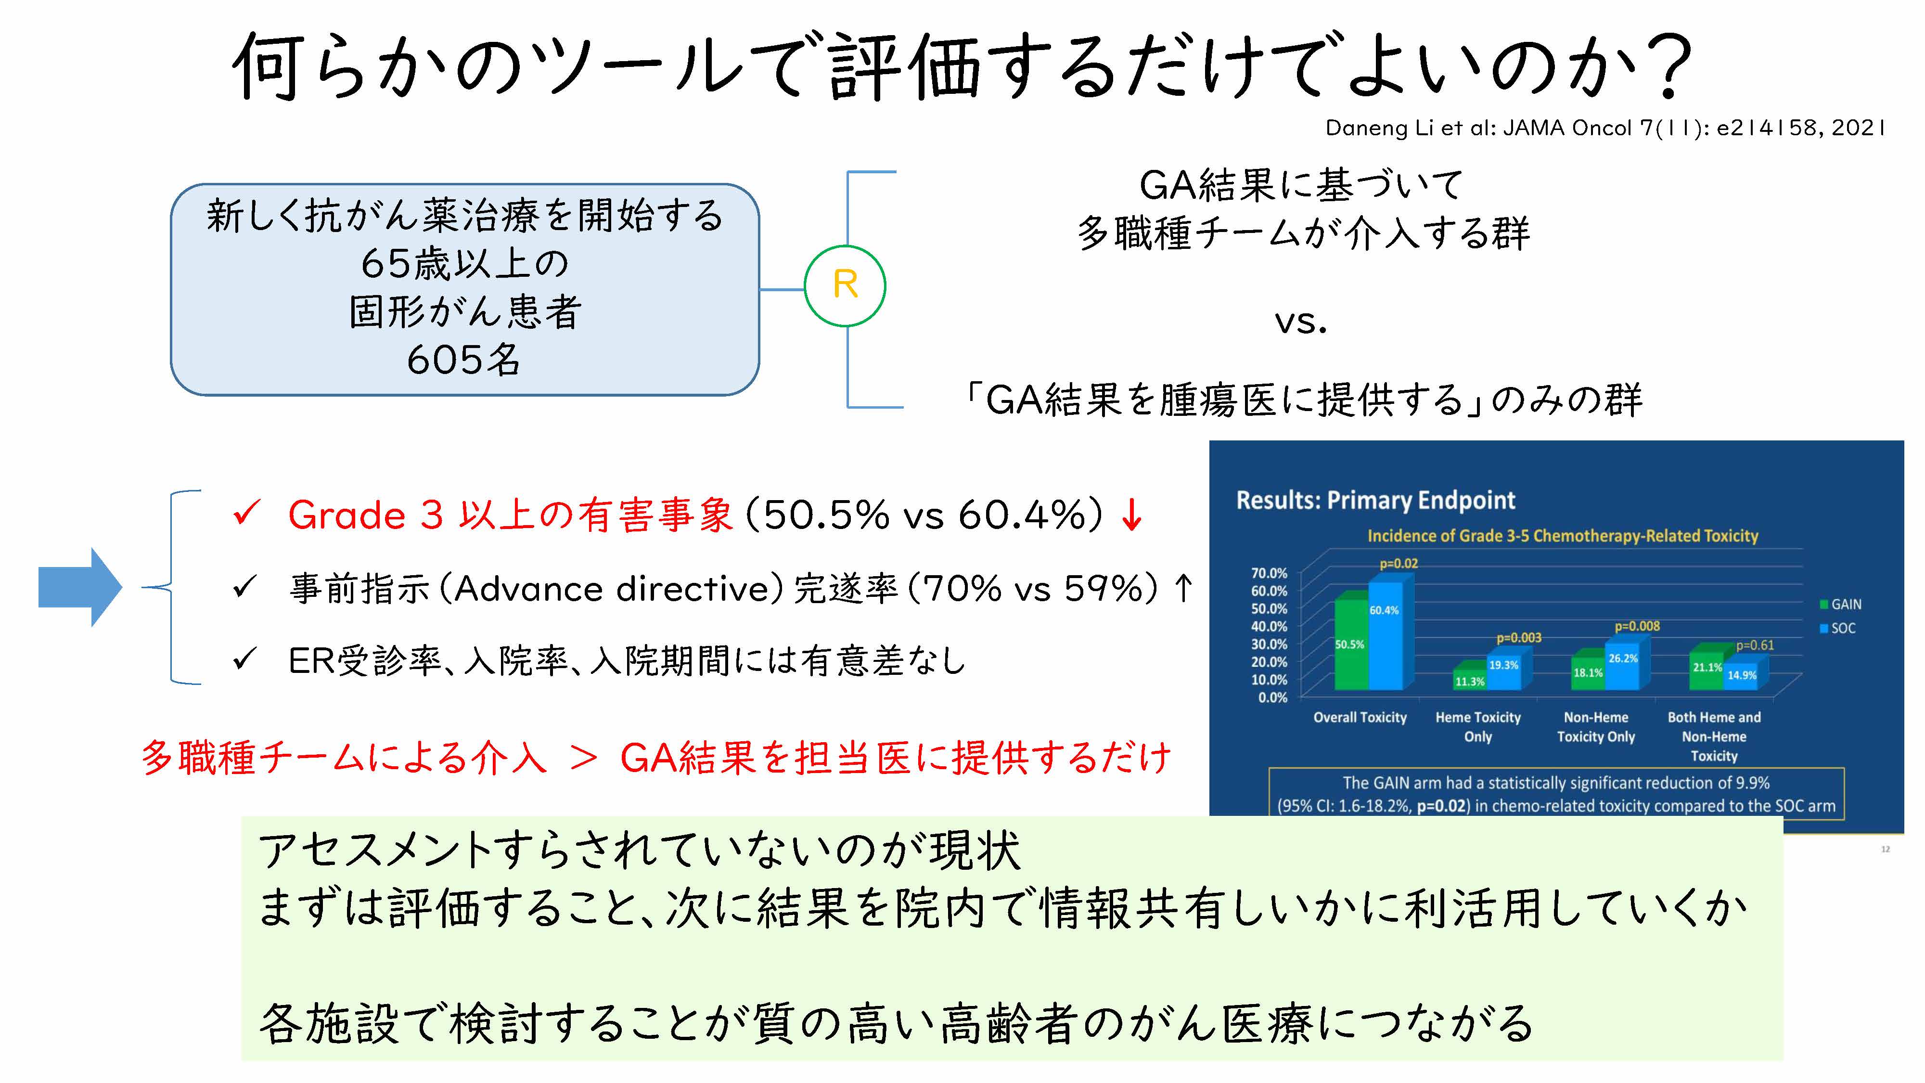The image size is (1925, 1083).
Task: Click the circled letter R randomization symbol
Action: [x=845, y=285]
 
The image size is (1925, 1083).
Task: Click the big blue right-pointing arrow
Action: [x=80, y=587]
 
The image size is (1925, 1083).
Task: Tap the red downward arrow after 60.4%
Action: [x=1132, y=515]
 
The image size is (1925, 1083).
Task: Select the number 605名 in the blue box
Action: [x=463, y=360]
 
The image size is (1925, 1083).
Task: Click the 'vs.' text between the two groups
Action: [x=1300, y=322]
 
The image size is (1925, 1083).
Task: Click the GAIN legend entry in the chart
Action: [x=1841, y=604]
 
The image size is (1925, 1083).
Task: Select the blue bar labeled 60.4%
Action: [x=1386, y=635]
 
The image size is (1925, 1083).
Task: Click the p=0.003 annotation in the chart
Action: [x=1518, y=638]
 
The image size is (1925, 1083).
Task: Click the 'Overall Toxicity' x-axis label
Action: [x=1360, y=718]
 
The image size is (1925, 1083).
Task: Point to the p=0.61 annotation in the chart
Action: [x=1755, y=645]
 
